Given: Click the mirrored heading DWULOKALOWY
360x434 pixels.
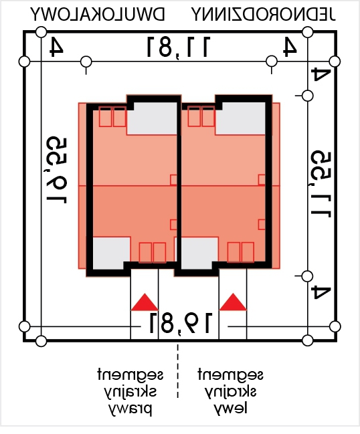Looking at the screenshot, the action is click(98, 15).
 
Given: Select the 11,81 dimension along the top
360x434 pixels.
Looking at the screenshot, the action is click(179, 47).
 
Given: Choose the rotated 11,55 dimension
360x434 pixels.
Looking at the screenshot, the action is click(321, 184).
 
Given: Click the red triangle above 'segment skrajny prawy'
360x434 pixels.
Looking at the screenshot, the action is click(145, 302).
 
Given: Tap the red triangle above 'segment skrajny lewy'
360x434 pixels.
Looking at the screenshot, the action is click(233, 302).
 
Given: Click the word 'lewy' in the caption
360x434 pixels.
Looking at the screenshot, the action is click(230, 409).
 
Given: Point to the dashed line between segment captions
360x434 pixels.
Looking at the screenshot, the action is click(177, 371).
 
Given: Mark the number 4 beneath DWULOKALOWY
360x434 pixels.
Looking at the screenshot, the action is click(57, 47).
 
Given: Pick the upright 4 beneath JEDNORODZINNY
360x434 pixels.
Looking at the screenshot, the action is click(290, 47).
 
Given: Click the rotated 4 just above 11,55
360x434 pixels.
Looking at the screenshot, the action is click(321, 74).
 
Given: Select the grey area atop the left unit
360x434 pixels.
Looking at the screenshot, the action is click(152, 118).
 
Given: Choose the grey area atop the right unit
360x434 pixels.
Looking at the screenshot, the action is click(240, 118).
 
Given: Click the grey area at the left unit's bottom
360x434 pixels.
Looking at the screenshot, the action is click(111, 253).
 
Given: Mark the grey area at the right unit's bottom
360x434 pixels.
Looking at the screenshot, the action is click(199, 253).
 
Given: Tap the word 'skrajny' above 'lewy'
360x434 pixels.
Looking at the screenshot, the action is click(230, 393).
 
